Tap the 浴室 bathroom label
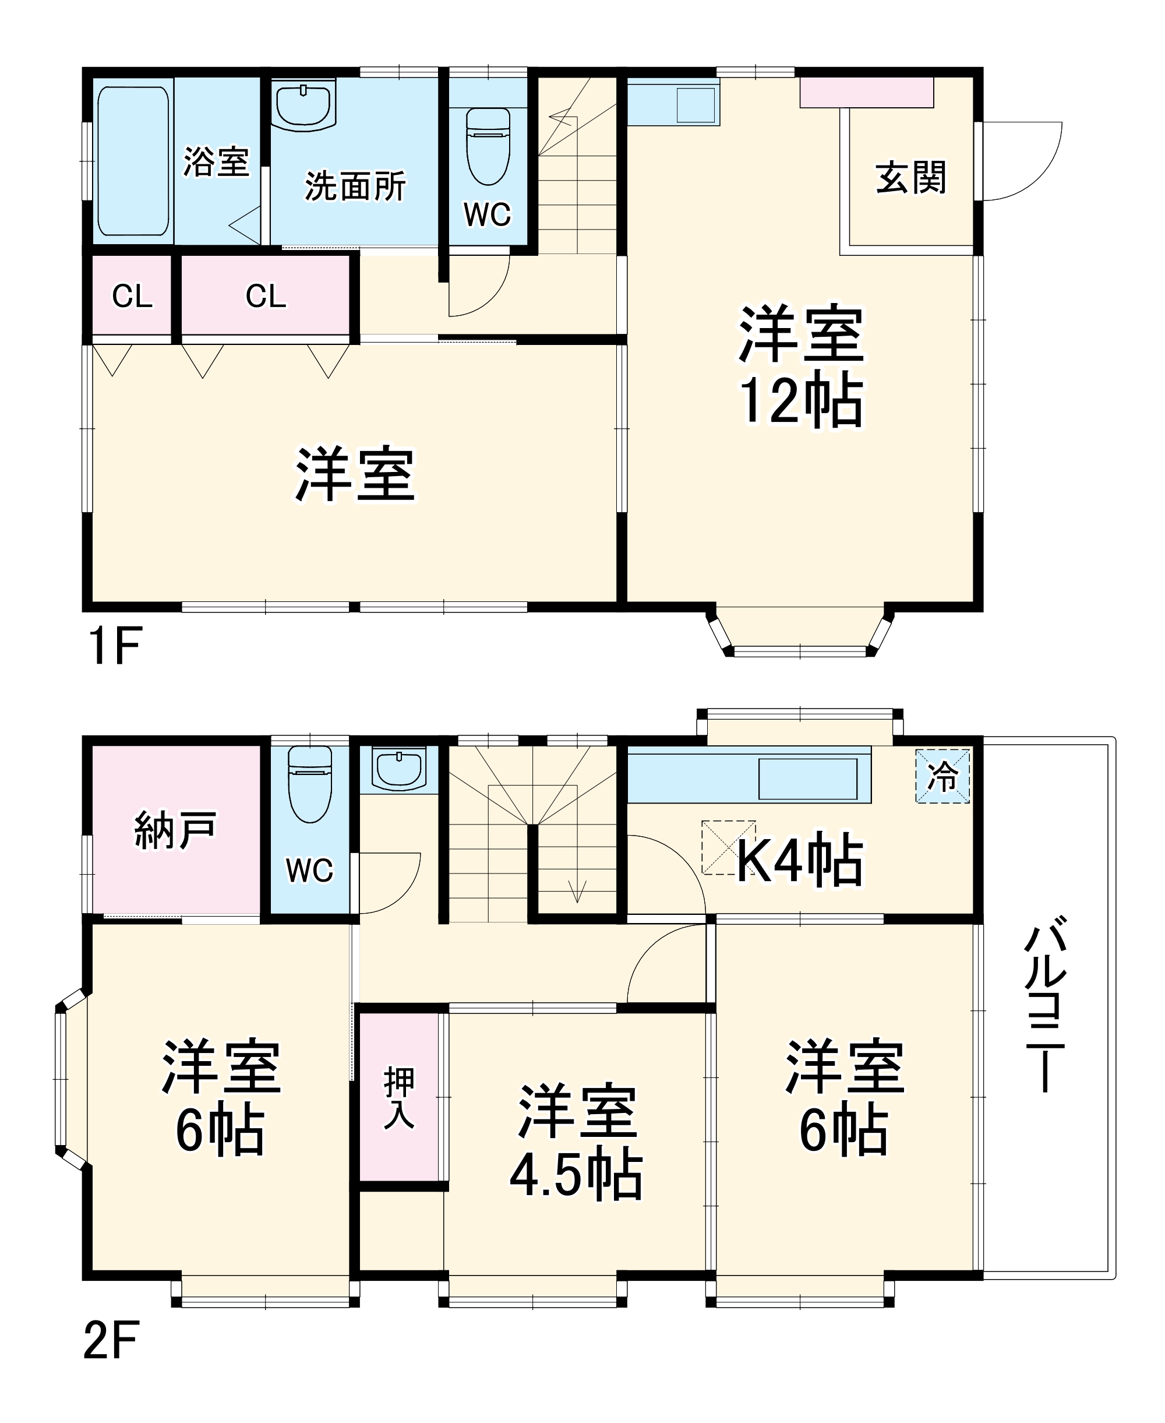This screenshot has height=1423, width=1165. pyautogui.click(x=216, y=162)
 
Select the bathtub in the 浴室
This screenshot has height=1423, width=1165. pyautogui.click(x=133, y=161)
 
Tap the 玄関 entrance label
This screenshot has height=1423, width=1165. pyautogui.click(x=910, y=177)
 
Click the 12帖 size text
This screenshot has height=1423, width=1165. pyautogui.click(x=802, y=401)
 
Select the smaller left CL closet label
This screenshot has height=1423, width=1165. pyautogui.click(x=132, y=296)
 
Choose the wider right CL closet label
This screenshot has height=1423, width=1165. pyautogui.click(x=266, y=296)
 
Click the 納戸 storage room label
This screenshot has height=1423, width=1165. pyautogui.click(x=176, y=831)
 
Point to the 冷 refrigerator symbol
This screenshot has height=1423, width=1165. pyautogui.click(x=943, y=777)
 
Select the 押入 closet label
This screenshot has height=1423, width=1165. pyautogui.click(x=399, y=1098)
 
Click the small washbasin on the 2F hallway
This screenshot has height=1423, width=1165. pyautogui.click(x=399, y=770)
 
